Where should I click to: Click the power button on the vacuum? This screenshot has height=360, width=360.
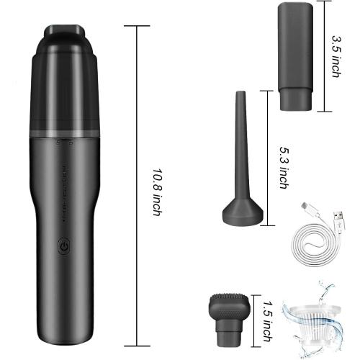click(x=64, y=245)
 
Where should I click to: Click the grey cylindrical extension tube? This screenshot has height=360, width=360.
click(x=300, y=54)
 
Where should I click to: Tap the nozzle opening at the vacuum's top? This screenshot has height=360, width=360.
click(x=65, y=32)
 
